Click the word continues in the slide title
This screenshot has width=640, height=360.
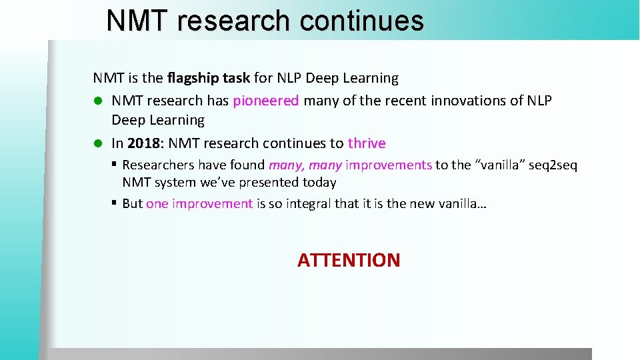pos(361,21)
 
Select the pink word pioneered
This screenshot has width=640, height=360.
pos(266,101)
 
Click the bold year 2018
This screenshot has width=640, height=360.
pos(143,143)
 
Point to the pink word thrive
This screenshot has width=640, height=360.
pos(367,143)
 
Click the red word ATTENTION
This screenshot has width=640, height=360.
pos(349,260)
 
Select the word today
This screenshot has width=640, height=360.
pos(319,182)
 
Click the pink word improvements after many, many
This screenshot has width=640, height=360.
pos(389,165)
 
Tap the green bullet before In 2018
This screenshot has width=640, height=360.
pos(97,143)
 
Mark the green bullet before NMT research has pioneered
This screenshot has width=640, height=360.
pos(97,101)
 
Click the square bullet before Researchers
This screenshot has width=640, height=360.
pos(115,163)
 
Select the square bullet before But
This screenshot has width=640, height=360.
pos(115,203)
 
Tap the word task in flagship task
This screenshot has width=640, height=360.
pos(236,78)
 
